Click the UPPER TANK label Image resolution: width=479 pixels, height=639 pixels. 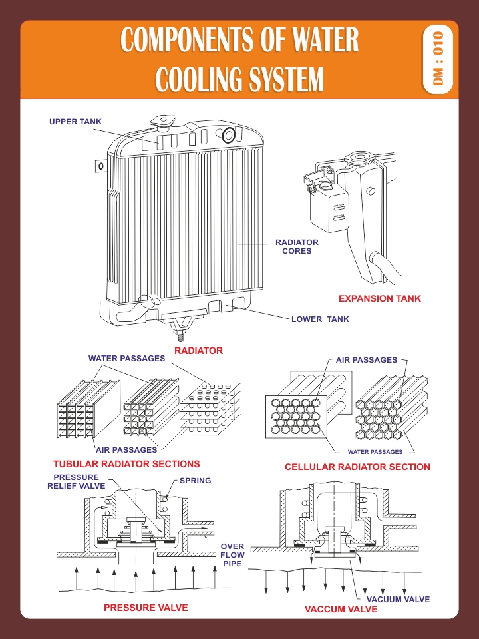coord(75,122)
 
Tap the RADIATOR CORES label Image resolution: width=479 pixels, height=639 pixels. coord(297,246)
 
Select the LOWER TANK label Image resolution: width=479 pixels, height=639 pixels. coord(320,319)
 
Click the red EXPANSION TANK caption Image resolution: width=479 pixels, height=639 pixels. coord(380,298)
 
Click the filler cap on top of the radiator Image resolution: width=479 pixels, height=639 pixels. coord(161,123)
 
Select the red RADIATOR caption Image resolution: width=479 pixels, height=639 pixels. coord(198,350)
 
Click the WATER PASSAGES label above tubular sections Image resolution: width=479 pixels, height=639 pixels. coord(126,359)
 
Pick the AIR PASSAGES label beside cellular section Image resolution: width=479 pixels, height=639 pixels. coord(366,359)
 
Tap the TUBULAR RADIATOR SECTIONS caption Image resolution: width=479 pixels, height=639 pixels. coord(126,464)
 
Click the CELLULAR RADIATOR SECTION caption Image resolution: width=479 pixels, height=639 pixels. coord(357,467)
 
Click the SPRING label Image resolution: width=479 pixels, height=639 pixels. coord(196,481)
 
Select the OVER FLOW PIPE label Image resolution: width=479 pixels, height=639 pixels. coord(232,555)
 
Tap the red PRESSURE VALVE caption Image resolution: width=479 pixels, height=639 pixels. coord(146,608)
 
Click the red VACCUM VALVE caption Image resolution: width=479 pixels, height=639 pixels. coord(341,609)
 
